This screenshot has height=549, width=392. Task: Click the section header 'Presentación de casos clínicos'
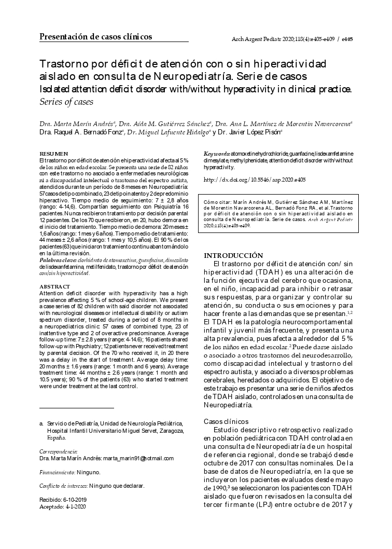[96, 37]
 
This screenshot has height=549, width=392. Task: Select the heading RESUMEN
[53, 154]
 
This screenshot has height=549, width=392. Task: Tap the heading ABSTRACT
[54, 286]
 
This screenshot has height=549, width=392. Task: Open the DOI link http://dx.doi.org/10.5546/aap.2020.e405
[255, 179]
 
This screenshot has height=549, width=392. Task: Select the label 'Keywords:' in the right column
[216, 155]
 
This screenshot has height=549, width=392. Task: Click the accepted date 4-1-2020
[76, 506]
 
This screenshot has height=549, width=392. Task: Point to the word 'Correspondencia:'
[59, 451]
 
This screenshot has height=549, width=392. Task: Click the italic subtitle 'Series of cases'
[66, 101]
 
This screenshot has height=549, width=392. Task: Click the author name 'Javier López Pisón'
[253, 132]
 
